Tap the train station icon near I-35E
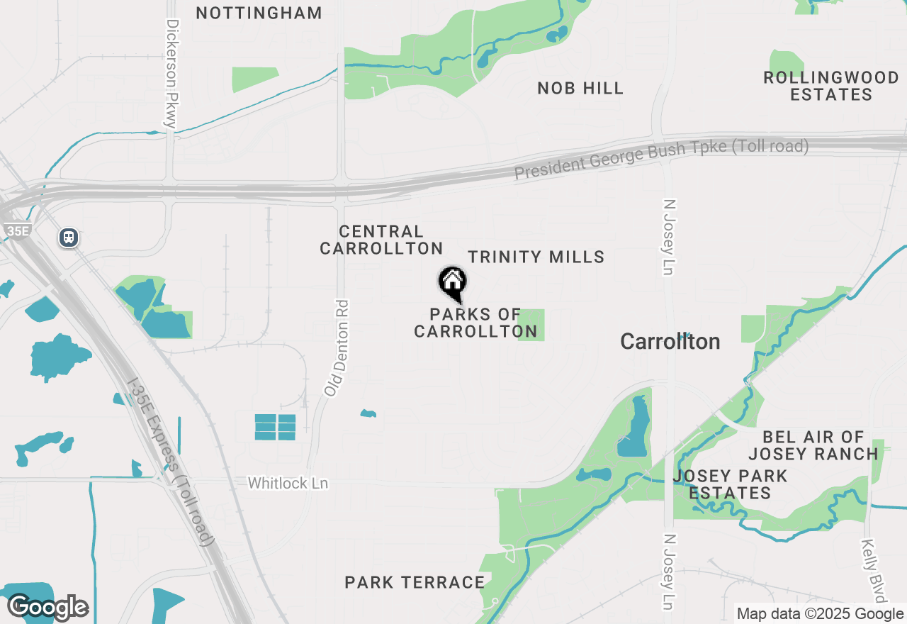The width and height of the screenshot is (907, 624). point(69,237)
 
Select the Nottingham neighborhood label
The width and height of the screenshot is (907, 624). point(259,13)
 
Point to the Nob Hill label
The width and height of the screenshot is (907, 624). point(580,88)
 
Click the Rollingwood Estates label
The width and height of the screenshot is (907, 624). point(831,86)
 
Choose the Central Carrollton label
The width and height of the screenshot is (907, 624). point(381,240)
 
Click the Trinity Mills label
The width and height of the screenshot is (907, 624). point(536,257)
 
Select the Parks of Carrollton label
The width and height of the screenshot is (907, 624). point(475,323)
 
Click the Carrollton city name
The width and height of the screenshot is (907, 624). point(670,342)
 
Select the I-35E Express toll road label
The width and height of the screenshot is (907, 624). point(170,462)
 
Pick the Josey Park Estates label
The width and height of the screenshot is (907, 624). point(730,484)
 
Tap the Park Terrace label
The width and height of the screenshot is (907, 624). point(415,582)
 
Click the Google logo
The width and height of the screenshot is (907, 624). point(47,607)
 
